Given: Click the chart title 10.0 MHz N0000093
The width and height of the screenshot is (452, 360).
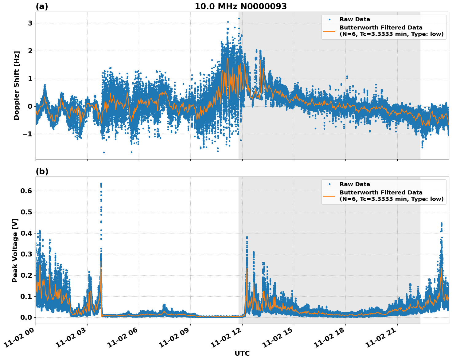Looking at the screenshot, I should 240,6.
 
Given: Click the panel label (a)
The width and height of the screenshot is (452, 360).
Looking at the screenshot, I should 42,6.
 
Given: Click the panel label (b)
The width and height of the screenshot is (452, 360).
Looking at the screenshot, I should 42,171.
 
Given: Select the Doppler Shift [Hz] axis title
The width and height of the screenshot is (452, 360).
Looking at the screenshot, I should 17,85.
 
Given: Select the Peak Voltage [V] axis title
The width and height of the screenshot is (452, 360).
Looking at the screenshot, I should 15,250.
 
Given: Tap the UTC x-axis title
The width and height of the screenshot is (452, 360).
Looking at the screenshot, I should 242,353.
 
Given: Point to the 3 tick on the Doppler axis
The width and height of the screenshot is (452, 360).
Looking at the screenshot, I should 30,23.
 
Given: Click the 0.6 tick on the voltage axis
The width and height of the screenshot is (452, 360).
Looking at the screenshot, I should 26,191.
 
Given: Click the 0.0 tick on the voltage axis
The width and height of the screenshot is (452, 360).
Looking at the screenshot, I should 26,318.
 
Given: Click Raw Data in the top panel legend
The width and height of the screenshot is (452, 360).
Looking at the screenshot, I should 355,20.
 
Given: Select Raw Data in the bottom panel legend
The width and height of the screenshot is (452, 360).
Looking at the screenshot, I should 355,184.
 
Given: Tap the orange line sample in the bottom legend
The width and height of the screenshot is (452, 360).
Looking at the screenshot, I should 329,196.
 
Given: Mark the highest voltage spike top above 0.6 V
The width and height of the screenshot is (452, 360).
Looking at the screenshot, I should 101,183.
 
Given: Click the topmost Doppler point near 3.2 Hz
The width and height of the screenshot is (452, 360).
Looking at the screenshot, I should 239,18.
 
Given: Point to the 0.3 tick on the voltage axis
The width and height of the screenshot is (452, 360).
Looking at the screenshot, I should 26,254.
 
